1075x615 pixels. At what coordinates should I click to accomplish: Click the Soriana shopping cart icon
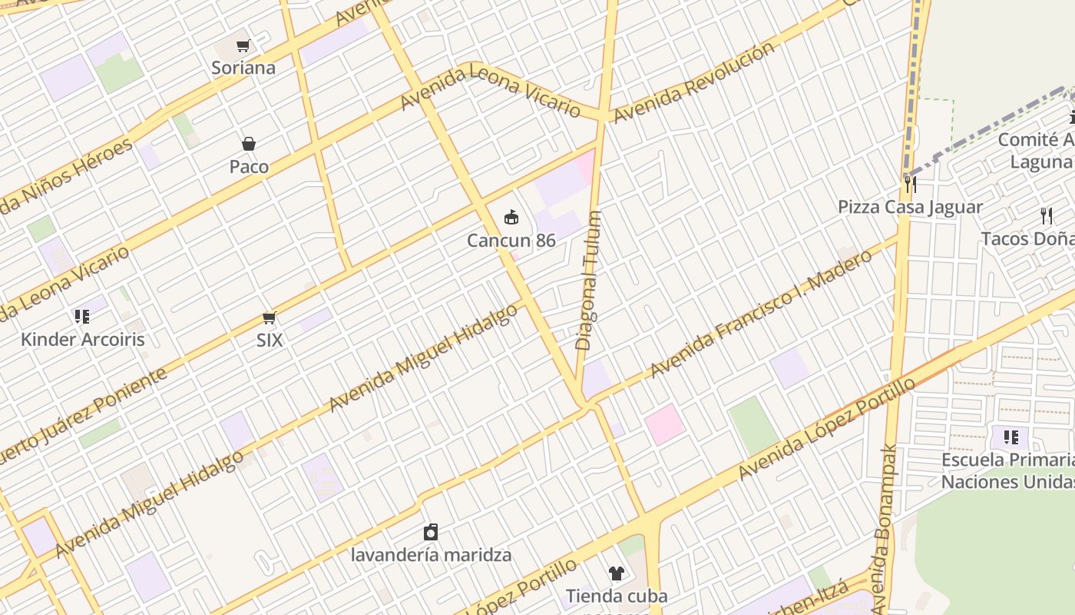(243, 46)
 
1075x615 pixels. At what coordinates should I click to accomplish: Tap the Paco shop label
(249, 167)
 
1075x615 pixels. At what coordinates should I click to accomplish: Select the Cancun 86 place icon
(511, 218)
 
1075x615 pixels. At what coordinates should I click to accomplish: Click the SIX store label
(270, 340)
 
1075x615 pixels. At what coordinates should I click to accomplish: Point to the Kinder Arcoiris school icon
(82, 316)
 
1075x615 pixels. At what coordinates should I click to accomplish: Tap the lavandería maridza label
(431, 554)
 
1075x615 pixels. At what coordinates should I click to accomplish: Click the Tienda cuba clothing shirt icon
(617, 573)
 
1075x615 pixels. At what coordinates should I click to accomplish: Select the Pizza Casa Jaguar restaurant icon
(910, 184)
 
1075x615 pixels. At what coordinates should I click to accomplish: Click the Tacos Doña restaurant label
(1027, 238)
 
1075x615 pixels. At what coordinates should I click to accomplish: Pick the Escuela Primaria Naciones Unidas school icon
(1011, 437)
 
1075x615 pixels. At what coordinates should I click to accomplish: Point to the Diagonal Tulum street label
(589, 281)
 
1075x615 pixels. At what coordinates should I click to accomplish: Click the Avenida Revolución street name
(694, 81)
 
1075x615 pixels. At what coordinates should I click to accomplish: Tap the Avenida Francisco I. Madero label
(761, 313)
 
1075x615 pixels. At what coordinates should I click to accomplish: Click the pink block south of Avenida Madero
(664, 424)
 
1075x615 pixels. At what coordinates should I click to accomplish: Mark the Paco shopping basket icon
(249, 144)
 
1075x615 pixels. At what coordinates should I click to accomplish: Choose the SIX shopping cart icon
(270, 317)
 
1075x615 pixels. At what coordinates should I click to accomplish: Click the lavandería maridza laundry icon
(431, 532)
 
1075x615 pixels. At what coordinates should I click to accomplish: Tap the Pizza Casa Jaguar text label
(910, 207)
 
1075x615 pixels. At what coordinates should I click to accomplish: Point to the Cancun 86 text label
(511, 241)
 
